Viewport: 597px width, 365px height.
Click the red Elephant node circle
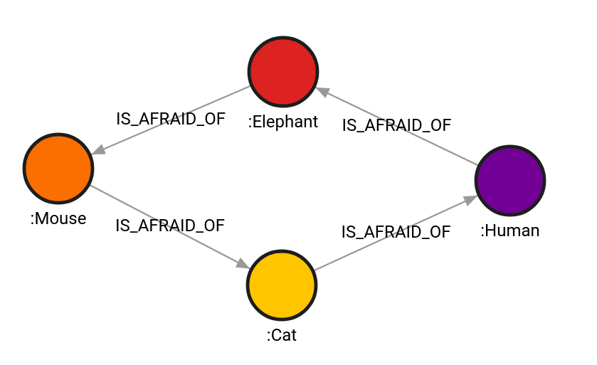coord(282,72)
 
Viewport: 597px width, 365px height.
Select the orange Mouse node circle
coord(58,168)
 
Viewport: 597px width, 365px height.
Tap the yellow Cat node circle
coord(282,285)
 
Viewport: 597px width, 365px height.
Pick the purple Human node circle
coord(510,180)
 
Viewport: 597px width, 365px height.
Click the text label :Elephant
coord(282,122)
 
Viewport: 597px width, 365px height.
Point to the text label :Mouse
coord(58,218)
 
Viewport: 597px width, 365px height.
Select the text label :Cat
coord(282,335)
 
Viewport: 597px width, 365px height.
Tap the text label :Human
coord(509,231)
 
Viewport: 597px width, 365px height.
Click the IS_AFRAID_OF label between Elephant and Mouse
coord(171,119)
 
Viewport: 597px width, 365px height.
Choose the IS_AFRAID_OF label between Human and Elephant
coord(396,125)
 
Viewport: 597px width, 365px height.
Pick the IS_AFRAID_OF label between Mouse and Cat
coord(171,226)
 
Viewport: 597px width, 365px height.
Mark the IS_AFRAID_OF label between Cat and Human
coord(396,232)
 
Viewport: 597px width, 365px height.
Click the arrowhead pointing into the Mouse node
coord(99,149)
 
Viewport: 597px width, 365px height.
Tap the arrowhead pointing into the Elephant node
coord(322,91)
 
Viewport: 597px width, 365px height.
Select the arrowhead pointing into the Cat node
coord(243,264)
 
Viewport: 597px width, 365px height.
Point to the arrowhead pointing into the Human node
coord(470,199)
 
